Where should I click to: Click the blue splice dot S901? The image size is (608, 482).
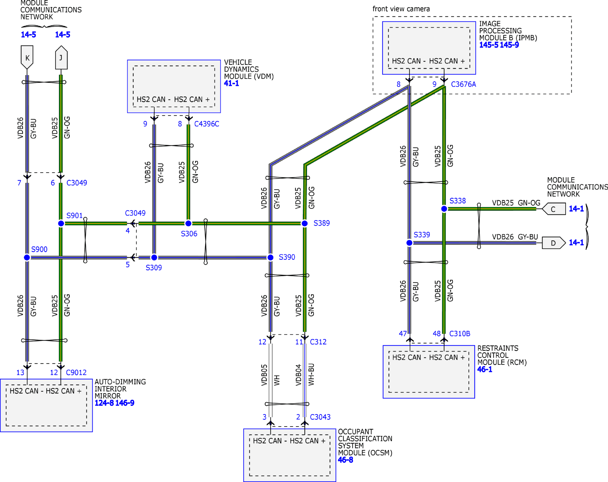tap(61, 223)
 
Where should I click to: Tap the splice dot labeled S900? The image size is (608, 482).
tap(27, 258)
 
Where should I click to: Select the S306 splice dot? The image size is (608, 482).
tap(188, 223)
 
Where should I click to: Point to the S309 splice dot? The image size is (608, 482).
tap(154, 258)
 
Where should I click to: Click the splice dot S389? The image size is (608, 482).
tap(305, 223)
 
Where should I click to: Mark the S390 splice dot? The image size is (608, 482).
tap(270, 258)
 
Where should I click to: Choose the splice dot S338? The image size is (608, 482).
tap(444, 209)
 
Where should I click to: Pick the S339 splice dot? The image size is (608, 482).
tap(409, 243)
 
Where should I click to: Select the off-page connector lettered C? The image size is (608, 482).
tap(553, 209)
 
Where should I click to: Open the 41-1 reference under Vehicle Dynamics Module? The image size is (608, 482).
tap(231, 84)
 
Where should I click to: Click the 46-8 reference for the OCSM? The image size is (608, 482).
tap(345, 460)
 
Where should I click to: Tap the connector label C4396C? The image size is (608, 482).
tap(207, 124)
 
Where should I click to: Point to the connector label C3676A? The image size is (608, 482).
tap(464, 84)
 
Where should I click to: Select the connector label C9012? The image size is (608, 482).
tap(76, 373)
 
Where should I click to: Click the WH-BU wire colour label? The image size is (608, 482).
tap(311, 374)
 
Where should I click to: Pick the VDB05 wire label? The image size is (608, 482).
tap(264, 375)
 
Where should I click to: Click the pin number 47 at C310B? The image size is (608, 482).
tap(403, 333)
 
